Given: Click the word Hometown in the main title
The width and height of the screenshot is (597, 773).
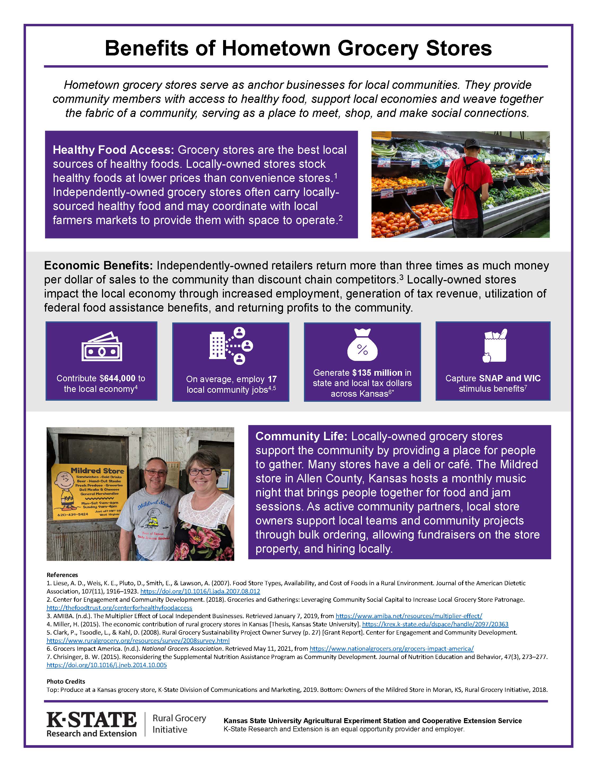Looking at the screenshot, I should click(x=276, y=49).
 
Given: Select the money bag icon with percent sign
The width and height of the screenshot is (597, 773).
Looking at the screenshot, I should click(x=362, y=345).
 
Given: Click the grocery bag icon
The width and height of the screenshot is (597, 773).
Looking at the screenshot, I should click(x=495, y=346).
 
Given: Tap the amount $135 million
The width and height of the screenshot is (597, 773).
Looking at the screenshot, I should click(x=377, y=373).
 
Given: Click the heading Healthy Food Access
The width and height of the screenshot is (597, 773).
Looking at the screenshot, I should click(x=113, y=150).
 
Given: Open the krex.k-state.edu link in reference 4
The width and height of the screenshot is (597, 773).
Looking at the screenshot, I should click(x=435, y=624).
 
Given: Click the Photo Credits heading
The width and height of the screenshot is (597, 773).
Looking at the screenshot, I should click(x=66, y=681).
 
